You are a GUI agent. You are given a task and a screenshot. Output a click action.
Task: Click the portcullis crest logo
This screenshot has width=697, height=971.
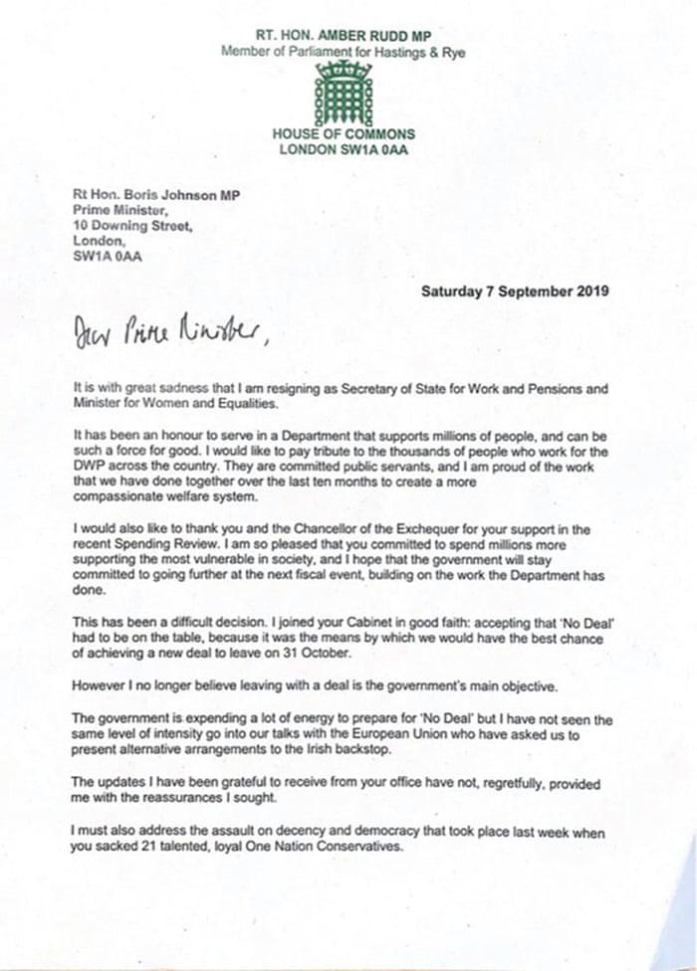click(343, 91)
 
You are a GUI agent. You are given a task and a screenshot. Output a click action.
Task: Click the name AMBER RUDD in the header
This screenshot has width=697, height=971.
click(356, 34)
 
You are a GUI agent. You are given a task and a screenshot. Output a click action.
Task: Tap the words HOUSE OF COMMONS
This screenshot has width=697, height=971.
click(343, 134)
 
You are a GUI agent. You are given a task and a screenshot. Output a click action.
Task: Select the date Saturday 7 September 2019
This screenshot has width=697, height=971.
click(515, 291)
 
